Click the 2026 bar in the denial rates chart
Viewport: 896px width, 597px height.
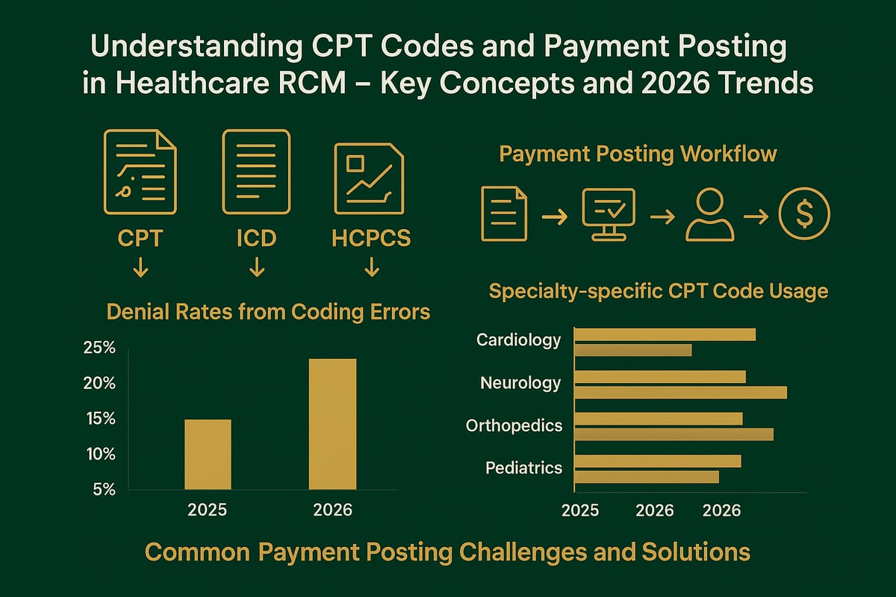click(x=332, y=424)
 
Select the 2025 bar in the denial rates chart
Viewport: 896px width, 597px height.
click(x=208, y=454)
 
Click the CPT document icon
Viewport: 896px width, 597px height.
click(x=140, y=171)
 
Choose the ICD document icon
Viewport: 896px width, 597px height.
click(x=256, y=171)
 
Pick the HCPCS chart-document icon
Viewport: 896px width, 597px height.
click(x=369, y=178)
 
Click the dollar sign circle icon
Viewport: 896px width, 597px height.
click(x=803, y=214)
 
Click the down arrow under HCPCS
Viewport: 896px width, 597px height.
click(x=371, y=268)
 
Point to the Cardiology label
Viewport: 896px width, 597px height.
click(x=518, y=340)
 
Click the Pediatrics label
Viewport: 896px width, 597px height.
click(x=523, y=468)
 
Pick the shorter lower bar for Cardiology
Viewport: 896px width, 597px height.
click(x=633, y=349)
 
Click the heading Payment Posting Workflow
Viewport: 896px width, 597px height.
click(x=638, y=154)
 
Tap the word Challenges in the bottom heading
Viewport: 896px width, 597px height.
click(x=536, y=552)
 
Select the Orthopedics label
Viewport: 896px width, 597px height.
click(x=514, y=425)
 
